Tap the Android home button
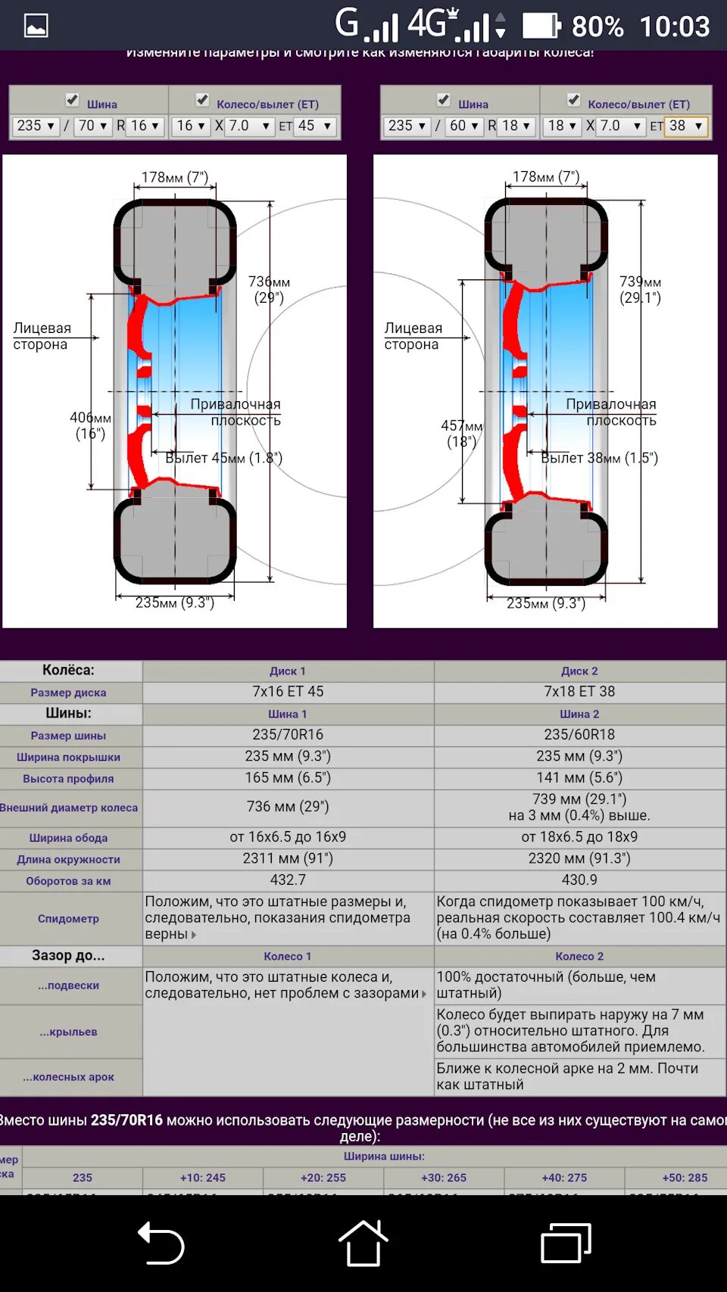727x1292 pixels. (363, 1243)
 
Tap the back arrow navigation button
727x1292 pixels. (161, 1243)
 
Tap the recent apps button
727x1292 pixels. (565, 1243)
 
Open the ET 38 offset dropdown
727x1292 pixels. (686, 126)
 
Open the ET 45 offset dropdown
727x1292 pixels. (315, 126)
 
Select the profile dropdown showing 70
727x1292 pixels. (94, 126)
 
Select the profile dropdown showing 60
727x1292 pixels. (464, 126)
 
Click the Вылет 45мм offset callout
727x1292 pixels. (223, 458)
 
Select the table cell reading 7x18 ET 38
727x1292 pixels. (579, 692)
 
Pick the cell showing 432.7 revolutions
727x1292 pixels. (288, 880)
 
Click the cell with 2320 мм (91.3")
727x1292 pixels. (579, 858)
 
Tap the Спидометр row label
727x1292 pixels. (69, 919)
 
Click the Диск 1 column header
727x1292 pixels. (288, 671)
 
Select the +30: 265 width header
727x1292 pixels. (444, 1178)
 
